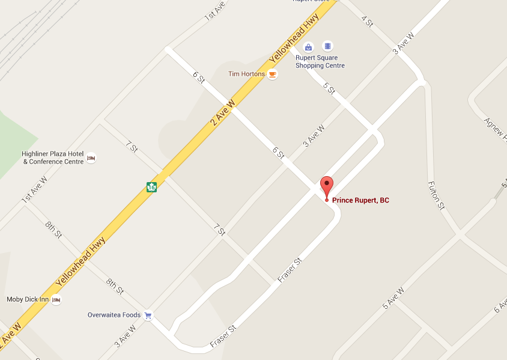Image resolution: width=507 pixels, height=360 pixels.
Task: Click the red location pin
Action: click(327, 186)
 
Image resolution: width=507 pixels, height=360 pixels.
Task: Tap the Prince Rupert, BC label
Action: click(360, 200)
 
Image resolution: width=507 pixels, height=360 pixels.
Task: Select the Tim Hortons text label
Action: click(246, 74)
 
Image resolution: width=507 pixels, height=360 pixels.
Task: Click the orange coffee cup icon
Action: click(273, 75)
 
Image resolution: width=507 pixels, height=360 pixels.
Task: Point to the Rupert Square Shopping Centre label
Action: click(320, 62)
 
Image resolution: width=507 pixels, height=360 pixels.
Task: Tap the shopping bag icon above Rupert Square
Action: click(309, 47)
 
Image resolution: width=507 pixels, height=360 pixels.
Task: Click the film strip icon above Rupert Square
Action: click(327, 46)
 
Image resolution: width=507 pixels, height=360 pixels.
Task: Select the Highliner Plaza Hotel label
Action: click(52, 157)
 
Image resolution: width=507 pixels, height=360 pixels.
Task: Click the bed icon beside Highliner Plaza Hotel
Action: click(91, 158)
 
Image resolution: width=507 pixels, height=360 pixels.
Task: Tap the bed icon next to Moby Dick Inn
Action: click(56, 299)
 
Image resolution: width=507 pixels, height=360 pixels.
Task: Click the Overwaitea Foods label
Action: click(114, 315)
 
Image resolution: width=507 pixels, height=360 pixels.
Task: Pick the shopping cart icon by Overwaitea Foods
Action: click(148, 315)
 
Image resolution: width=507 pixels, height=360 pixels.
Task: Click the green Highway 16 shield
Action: click(151, 187)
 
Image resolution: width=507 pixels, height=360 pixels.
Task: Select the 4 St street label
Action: click(367, 21)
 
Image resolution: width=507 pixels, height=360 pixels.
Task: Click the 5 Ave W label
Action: click(393, 298)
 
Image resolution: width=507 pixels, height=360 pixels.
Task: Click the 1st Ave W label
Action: click(34, 190)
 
